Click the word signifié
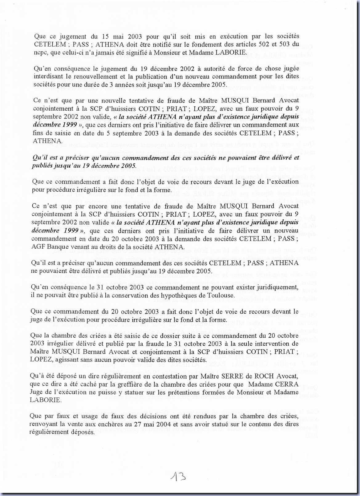[x=138, y=52]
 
